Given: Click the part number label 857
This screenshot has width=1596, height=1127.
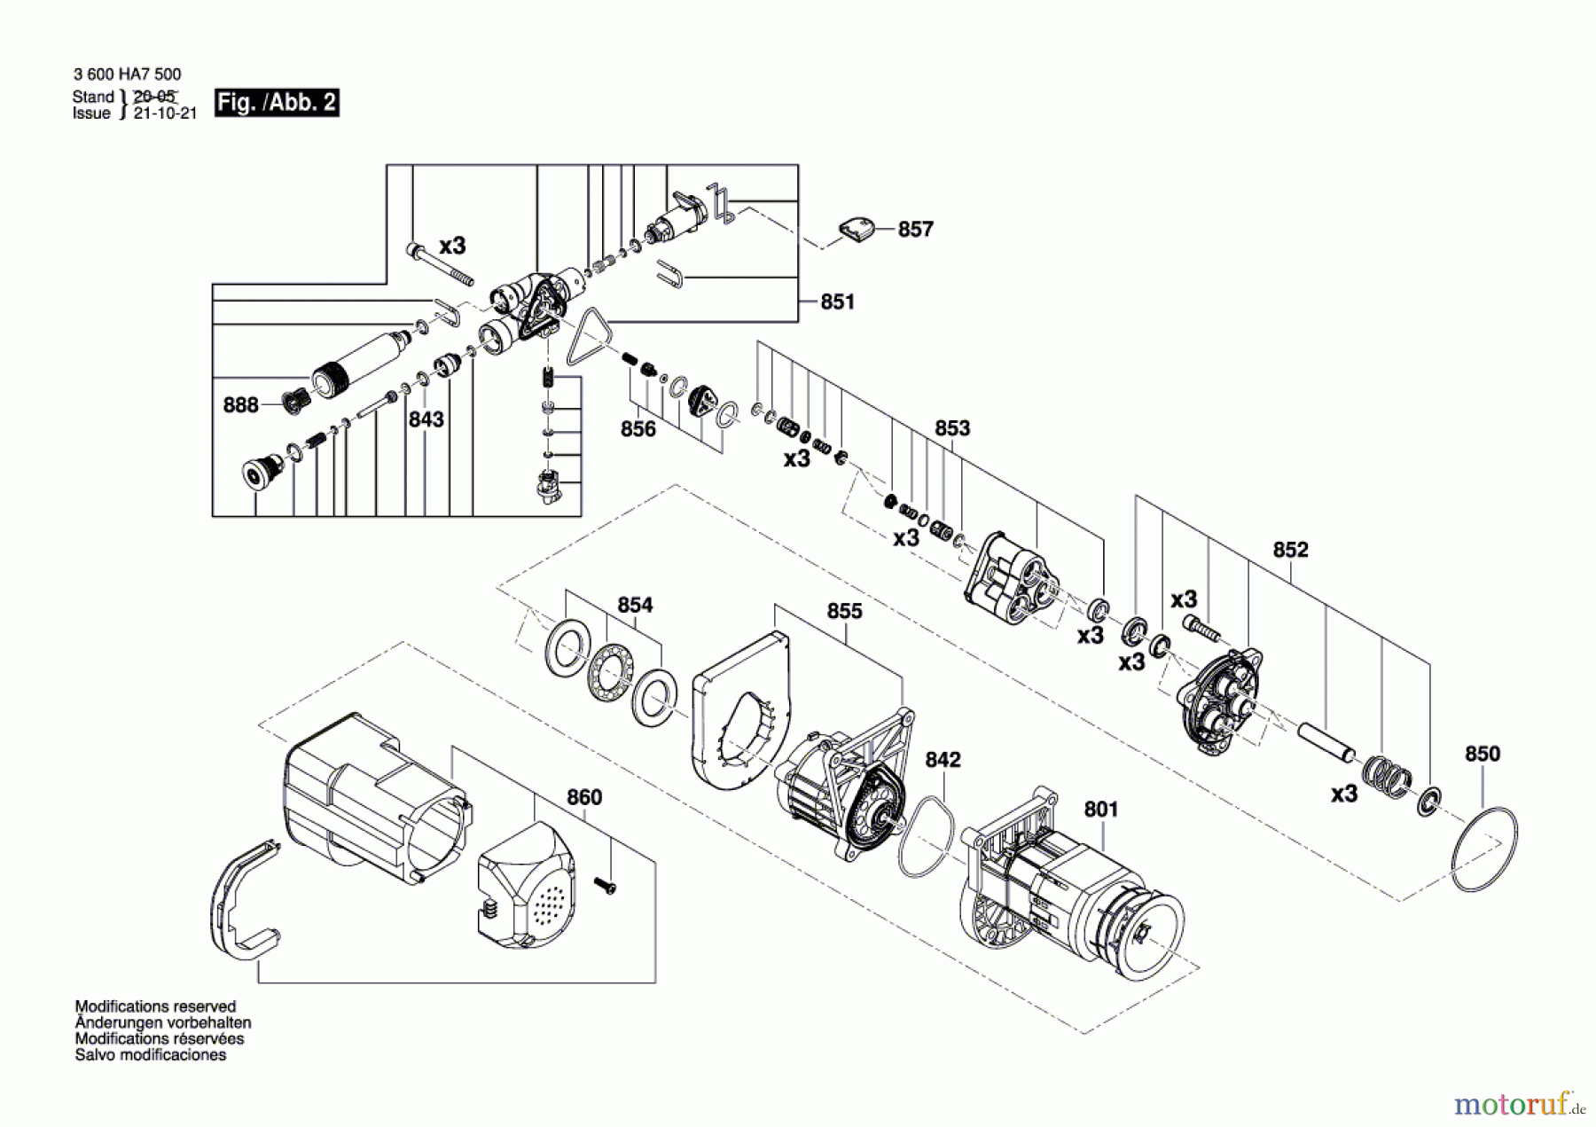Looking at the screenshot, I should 915,229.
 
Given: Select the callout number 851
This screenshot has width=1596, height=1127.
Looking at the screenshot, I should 837,301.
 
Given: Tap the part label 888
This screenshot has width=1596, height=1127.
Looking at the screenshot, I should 240,404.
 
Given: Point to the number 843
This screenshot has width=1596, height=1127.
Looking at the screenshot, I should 426,419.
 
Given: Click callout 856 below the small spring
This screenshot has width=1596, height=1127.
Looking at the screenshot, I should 638,428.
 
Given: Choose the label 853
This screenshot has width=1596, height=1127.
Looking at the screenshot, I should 952,427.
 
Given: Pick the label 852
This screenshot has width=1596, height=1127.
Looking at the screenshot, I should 1290,549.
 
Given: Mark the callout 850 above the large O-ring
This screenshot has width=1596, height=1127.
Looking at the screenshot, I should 1482,753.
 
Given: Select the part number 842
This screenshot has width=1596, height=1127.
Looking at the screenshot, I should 943,759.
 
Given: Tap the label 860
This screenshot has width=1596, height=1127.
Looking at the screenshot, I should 584,796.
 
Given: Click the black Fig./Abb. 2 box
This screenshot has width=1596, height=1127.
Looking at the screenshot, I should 277,103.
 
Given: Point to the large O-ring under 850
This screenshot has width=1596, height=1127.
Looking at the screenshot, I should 1484,849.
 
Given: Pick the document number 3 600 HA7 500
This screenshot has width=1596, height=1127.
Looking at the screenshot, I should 128,74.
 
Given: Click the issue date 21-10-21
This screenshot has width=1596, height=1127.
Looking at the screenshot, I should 165,113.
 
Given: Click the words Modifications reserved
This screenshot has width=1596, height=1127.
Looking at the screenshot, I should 155,1006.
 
